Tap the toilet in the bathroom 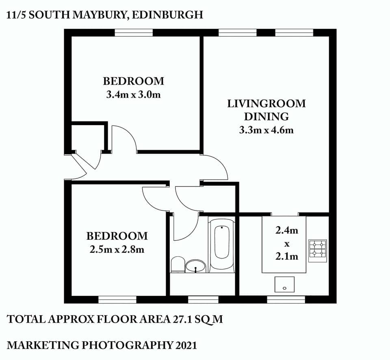(177, 265)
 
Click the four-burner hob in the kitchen (317, 249)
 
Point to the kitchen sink (284, 284)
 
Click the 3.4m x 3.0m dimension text (133, 95)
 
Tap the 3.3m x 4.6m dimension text (266, 130)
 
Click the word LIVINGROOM (266, 104)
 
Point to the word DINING (266, 117)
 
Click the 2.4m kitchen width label (287, 231)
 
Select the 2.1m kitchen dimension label (287, 256)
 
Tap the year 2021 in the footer (186, 345)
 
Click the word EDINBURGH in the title (170, 15)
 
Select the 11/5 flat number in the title (18, 15)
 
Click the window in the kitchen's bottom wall (286, 299)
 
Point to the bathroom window (203, 299)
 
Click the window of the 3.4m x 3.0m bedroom (133, 33)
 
